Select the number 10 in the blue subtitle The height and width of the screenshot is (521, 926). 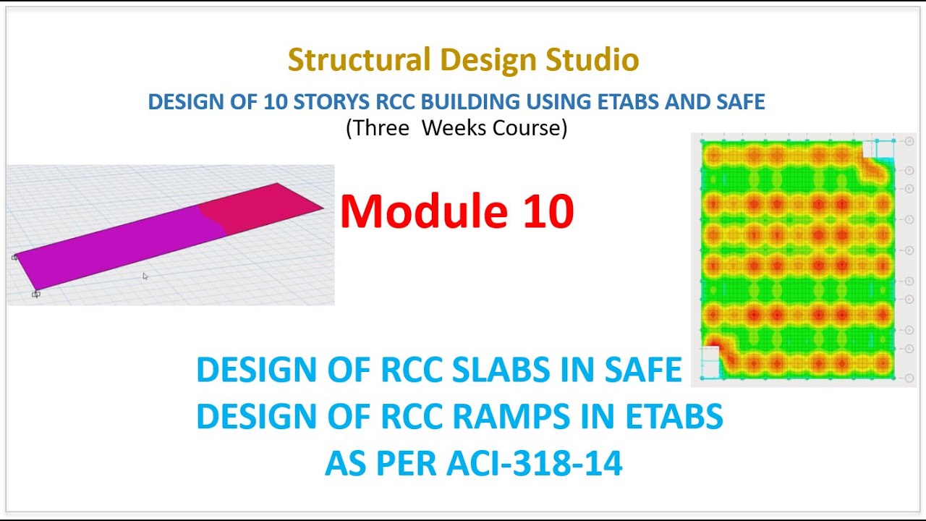click(x=275, y=101)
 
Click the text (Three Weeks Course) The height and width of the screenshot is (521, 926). click(x=456, y=127)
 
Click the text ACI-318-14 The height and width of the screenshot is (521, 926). click(x=534, y=463)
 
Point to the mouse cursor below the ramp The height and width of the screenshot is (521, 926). click(x=145, y=276)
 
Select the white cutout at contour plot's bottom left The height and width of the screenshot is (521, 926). click(x=710, y=362)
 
